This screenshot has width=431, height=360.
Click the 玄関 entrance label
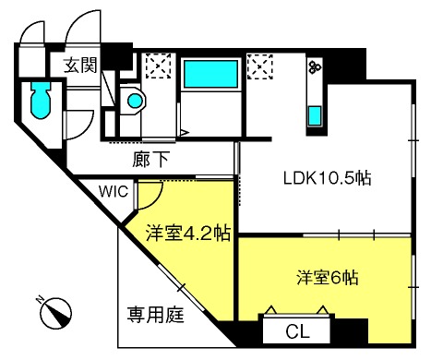pos(80,65)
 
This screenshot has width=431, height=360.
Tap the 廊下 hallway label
pos(150,160)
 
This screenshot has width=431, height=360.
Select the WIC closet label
pos(114,192)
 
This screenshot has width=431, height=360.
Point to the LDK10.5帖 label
pos(328,178)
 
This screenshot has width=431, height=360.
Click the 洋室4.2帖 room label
pos(188,233)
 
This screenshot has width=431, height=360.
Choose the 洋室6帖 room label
pos(328,278)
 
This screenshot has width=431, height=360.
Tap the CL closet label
pos(297,331)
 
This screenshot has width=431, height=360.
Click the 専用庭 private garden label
pos(156,315)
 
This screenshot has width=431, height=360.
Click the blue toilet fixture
pos(41,100)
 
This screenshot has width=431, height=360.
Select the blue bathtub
pos(210,74)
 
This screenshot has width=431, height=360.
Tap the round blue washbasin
pos(135,101)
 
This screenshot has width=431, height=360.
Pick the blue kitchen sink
pos(315,115)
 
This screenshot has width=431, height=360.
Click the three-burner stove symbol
pos(315,66)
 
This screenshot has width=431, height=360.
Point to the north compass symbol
pos(56,313)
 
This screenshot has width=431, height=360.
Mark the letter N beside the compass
pos(39,299)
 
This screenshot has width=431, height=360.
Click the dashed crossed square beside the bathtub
pos(260,66)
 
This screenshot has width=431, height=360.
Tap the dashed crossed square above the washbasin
pos(158,66)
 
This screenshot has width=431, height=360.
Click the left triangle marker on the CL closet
pos(271,309)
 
